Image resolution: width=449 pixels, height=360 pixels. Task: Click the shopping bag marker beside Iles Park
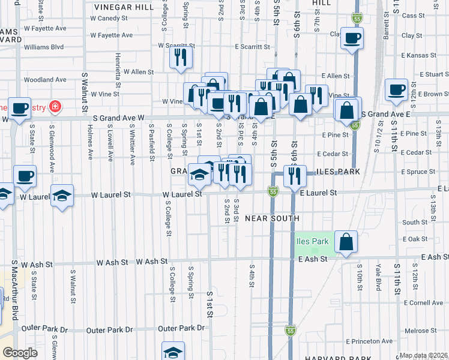pos(346,241)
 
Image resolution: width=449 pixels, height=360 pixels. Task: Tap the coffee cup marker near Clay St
pos(352,38)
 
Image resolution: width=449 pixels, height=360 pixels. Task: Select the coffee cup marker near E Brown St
pos(396,89)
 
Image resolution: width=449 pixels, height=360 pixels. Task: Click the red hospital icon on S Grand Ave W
pos(55,107)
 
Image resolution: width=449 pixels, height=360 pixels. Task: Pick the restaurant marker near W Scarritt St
pos(181,58)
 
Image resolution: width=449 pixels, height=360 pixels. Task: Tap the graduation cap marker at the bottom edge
pos(173,352)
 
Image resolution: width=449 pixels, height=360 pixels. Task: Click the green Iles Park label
pos(312,242)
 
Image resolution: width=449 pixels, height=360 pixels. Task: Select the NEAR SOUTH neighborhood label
pos(268,218)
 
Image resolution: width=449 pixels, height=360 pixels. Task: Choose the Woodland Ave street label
pos(45,79)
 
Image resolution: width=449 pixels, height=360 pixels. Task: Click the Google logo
pos(20,353)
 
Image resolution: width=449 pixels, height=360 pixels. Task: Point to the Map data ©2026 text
pos(424,355)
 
